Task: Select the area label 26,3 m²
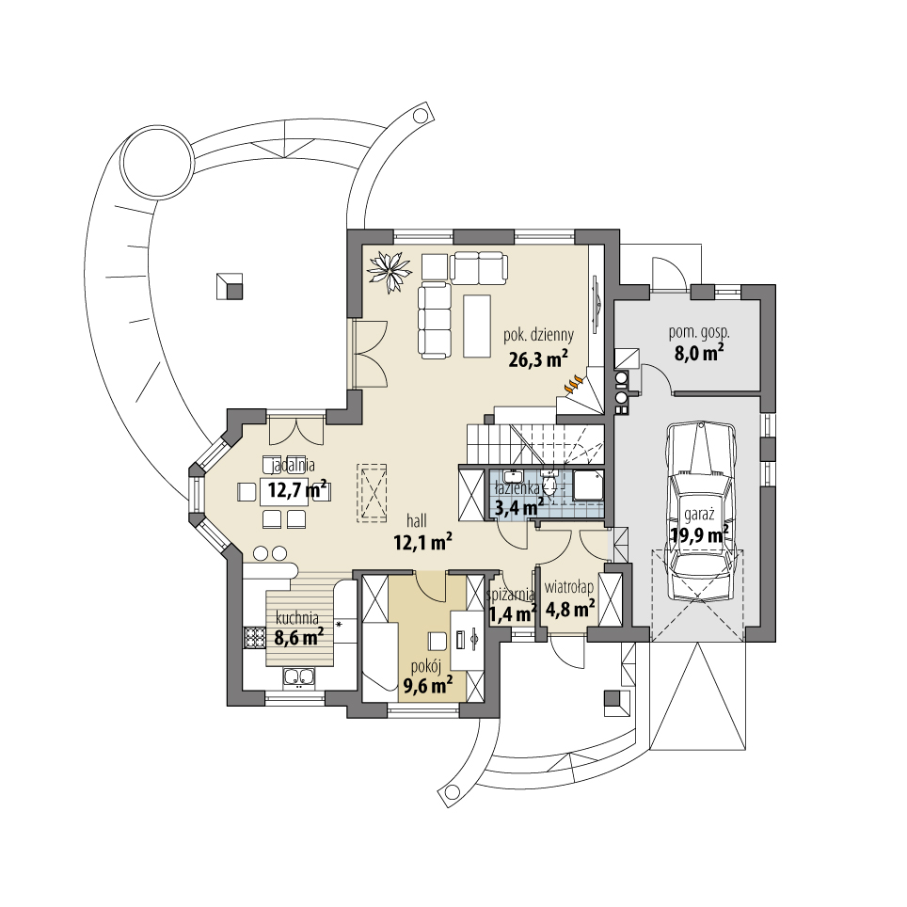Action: pyautogui.click(x=537, y=358)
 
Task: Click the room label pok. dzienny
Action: pyautogui.click(x=538, y=334)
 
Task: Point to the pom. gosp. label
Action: pyautogui.click(x=699, y=332)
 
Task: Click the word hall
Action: pyautogui.click(x=419, y=518)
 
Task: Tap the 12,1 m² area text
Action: pyautogui.click(x=422, y=540)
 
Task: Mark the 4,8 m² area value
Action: pyautogui.click(x=571, y=609)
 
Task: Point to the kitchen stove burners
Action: pyautogui.click(x=254, y=638)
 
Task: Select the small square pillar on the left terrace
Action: pyautogui.click(x=229, y=285)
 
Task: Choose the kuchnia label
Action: pyautogui.click(x=297, y=618)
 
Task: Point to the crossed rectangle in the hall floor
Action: pyautogui.click(x=374, y=492)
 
